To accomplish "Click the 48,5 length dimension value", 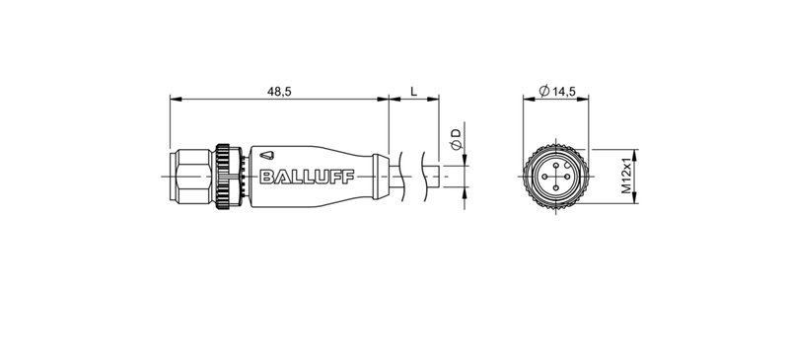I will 279,91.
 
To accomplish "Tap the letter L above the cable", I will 413,91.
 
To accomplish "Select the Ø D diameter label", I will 455,139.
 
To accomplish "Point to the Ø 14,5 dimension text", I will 558,91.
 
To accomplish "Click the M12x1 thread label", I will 625,176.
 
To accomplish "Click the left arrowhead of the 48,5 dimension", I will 176,100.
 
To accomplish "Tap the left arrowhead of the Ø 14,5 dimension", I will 524,100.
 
